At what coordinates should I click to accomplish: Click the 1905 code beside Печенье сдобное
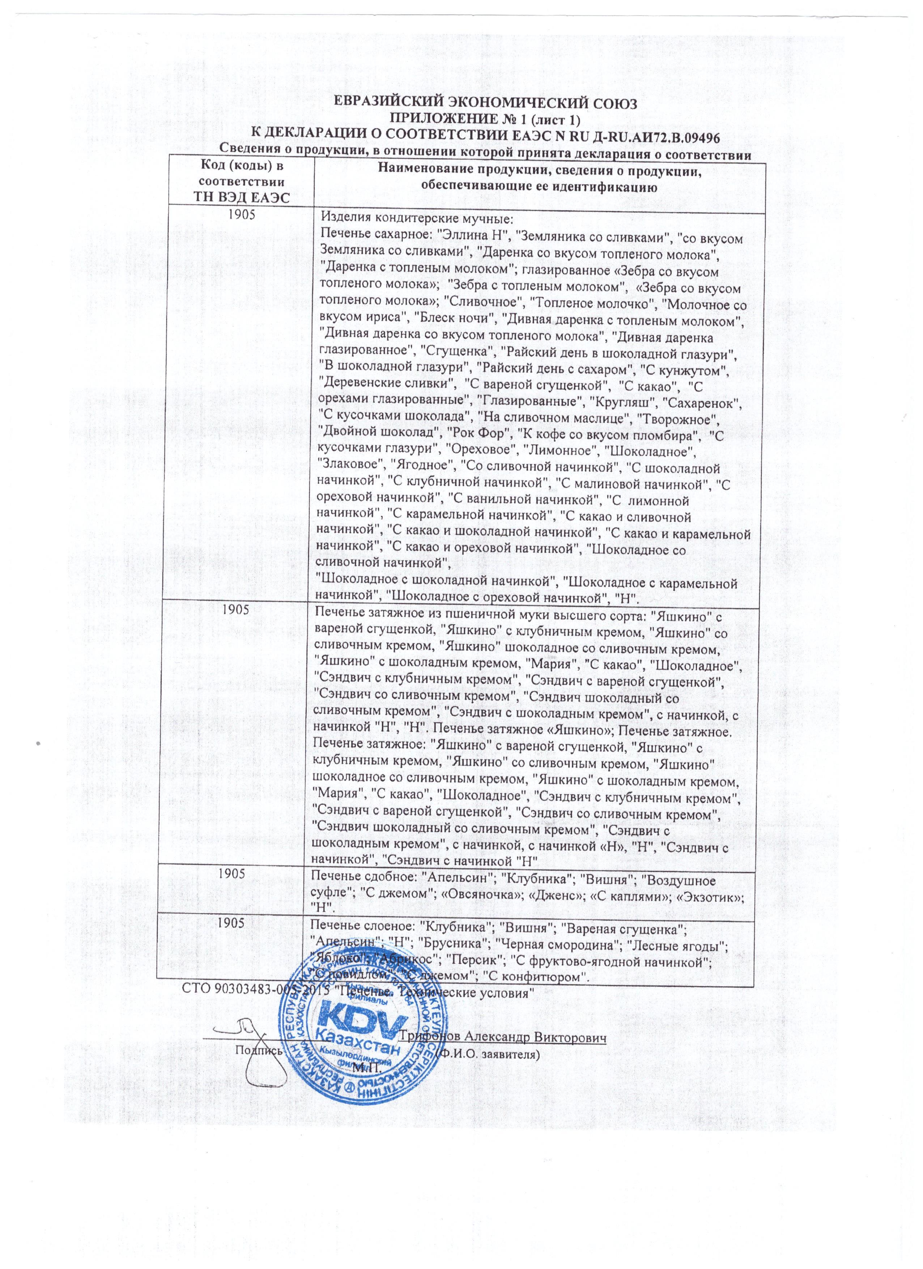pyautogui.click(x=231, y=874)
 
